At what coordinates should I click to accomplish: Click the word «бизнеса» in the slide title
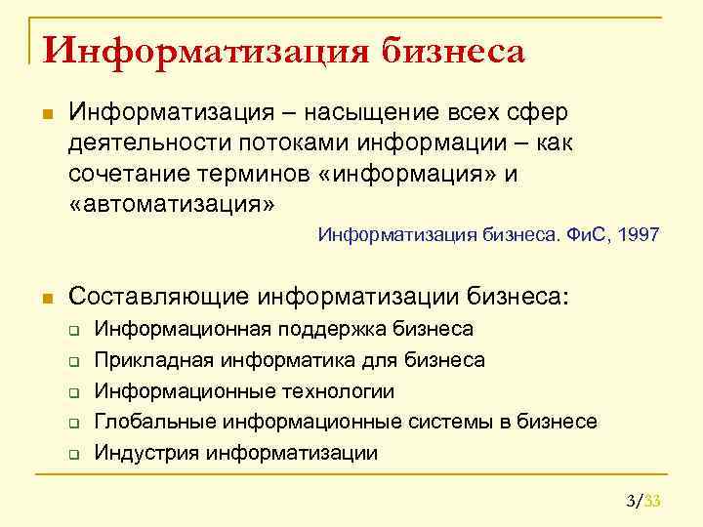453,50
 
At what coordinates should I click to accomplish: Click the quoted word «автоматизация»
172,203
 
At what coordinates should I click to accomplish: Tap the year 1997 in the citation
638,235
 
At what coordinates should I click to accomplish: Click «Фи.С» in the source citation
588,235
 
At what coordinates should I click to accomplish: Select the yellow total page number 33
653,502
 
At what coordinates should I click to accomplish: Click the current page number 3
631,502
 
